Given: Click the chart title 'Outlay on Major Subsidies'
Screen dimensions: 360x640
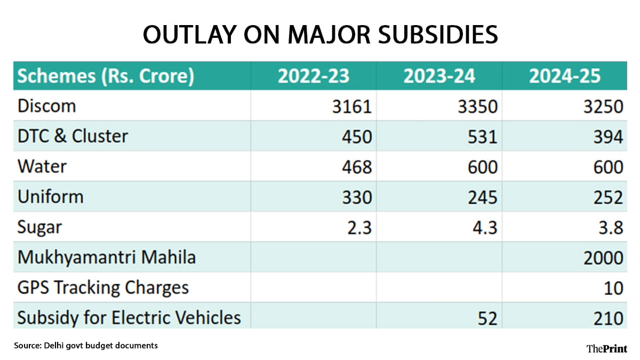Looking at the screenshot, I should [x=320, y=35].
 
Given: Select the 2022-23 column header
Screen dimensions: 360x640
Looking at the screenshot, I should [x=313, y=76].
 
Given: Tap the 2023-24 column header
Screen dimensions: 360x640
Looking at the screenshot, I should [x=439, y=76].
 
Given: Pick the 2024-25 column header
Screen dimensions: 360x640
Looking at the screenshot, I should [x=565, y=76].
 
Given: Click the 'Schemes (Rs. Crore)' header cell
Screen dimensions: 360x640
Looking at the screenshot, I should [x=106, y=76].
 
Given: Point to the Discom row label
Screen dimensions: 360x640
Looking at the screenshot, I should [x=47, y=106].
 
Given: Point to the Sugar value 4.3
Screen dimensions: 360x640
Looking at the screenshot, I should [x=483, y=228].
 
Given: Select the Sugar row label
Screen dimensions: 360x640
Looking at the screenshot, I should [x=40, y=228].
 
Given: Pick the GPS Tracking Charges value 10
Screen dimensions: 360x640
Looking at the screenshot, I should [x=613, y=289].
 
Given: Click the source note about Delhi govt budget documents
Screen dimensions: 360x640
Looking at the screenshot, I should [x=86, y=346].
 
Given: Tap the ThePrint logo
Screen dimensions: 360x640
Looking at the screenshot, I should [x=606, y=348].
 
